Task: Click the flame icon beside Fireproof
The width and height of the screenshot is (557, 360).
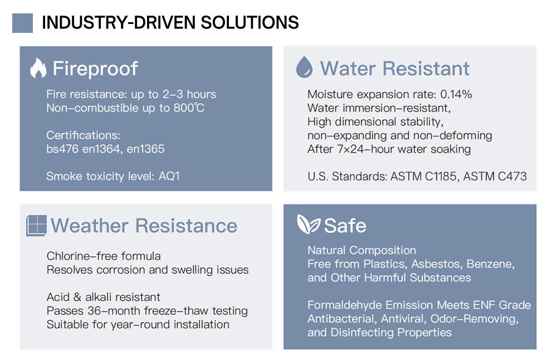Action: pyautogui.click(x=38, y=68)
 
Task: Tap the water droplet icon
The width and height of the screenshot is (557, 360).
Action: pyautogui.click(x=305, y=67)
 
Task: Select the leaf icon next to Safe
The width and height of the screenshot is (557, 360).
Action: pyautogui.click(x=309, y=224)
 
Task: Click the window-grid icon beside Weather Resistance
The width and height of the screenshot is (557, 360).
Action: pyautogui.click(x=36, y=226)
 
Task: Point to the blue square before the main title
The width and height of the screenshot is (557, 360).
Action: pyautogui.click(x=22, y=23)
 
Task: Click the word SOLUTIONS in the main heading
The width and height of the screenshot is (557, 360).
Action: pyautogui.click(x=250, y=22)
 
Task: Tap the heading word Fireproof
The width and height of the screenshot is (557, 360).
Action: pyautogui.click(x=95, y=68)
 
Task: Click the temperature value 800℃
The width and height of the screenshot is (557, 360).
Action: pyautogui.click(x=189, y=108)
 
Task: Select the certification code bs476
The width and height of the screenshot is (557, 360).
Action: pyautogui.click(x=62, y=149)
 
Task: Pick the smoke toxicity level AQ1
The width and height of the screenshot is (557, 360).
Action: pyautogui.click(x=169, y=176)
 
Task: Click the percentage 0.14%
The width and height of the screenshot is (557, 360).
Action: pyautogui.click(x=456, y=94)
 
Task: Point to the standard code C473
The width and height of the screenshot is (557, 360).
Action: pyautogui.click(x=512, y=176)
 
